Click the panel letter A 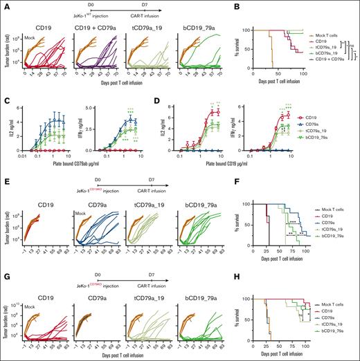(x=4, y=4)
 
